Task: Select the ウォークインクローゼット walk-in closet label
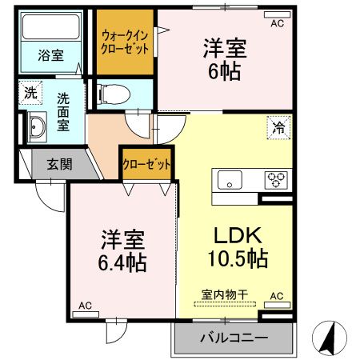124,42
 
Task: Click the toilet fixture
111,94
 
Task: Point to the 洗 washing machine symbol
30,92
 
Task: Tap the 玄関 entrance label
58,165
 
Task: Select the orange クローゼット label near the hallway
146,165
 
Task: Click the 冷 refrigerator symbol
279,126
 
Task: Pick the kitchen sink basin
230,180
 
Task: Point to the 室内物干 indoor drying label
225,294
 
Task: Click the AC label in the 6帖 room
277,24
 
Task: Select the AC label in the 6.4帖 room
84,306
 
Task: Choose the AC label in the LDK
277,296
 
